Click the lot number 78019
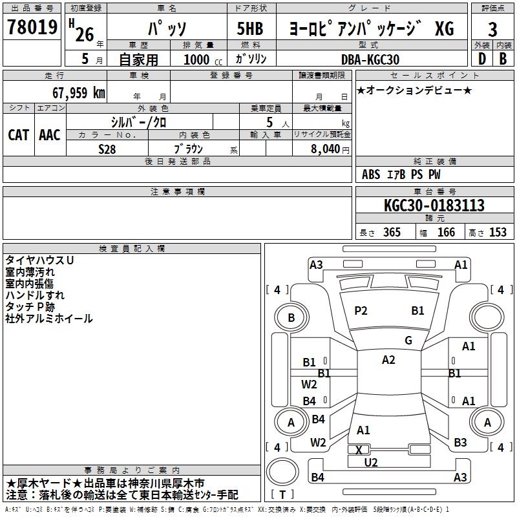(32, 28)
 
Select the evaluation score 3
(493, 29)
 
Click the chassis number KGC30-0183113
(434, 206)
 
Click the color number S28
(107, 148)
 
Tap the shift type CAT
(18, 134)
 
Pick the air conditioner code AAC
(50, 134)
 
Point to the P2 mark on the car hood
(361, 311)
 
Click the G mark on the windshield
(408, 341)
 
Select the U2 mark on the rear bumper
(371, 462)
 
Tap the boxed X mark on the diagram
(359, 450)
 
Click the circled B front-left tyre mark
(291, 318)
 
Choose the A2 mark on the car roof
(388, 360)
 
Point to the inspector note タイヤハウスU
(39, 260)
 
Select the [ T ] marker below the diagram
(283, 495)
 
